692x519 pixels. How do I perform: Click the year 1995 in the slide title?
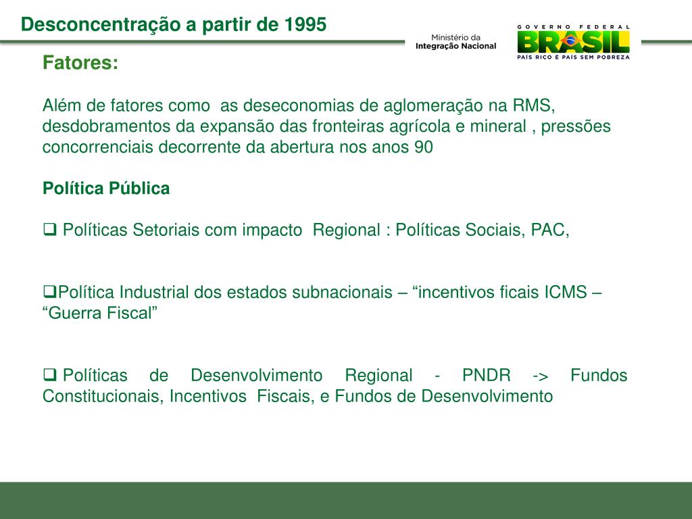[x=305, y=25]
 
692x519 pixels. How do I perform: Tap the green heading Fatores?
[x=80, y=64]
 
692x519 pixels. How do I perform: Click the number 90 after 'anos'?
[x=423, y=147]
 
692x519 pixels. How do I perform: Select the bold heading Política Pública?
[x=106, y=189]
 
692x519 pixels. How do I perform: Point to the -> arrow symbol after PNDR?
[x=541, y=375]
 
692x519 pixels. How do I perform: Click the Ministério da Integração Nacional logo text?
[x=455, y=41]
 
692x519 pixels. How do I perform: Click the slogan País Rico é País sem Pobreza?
[x=573, y=58]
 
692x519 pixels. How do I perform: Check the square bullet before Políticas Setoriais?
[x=49, y=230]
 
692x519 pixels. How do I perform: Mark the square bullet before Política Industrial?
[x=49, y=292]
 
